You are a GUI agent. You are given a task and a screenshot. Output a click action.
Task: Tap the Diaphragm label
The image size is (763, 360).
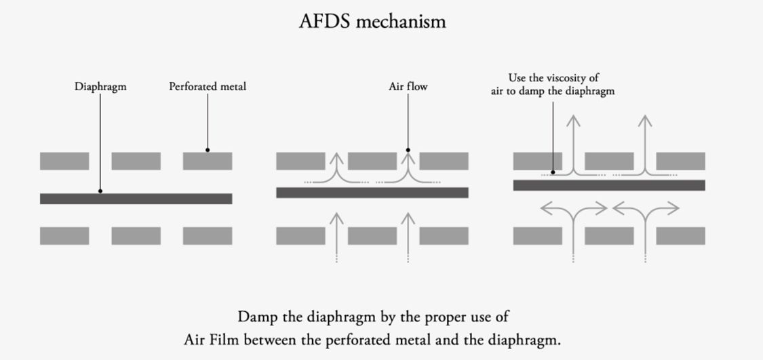(100, 87)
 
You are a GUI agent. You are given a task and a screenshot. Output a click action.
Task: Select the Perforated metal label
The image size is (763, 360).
(207, 87)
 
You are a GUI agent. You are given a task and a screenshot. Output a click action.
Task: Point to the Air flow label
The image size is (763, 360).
(408, 87)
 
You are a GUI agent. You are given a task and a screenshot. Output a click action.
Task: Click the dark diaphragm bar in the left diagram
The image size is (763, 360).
(136, 199)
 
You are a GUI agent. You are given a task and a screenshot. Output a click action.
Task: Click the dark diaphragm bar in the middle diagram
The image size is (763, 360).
(372, 193)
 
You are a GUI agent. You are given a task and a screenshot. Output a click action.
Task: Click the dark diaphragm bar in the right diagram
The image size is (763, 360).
(608, 185)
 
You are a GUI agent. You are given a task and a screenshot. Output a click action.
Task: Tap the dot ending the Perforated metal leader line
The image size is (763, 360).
(208, 150)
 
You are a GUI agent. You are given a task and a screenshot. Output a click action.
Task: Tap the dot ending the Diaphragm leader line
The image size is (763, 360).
(100, 191)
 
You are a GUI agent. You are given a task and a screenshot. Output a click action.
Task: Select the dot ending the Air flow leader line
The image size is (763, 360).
(408, 150)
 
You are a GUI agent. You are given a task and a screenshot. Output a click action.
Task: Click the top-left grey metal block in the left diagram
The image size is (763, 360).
(64, 161)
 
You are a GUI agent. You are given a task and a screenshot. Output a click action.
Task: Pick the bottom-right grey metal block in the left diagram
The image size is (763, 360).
(208, 236)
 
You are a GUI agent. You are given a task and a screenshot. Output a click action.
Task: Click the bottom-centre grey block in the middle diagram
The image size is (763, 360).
(372, 236)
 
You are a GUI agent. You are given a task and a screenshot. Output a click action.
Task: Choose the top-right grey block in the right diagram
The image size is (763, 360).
(680, 161)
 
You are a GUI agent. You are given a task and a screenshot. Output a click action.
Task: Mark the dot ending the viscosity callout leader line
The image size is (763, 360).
(553, 173)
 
